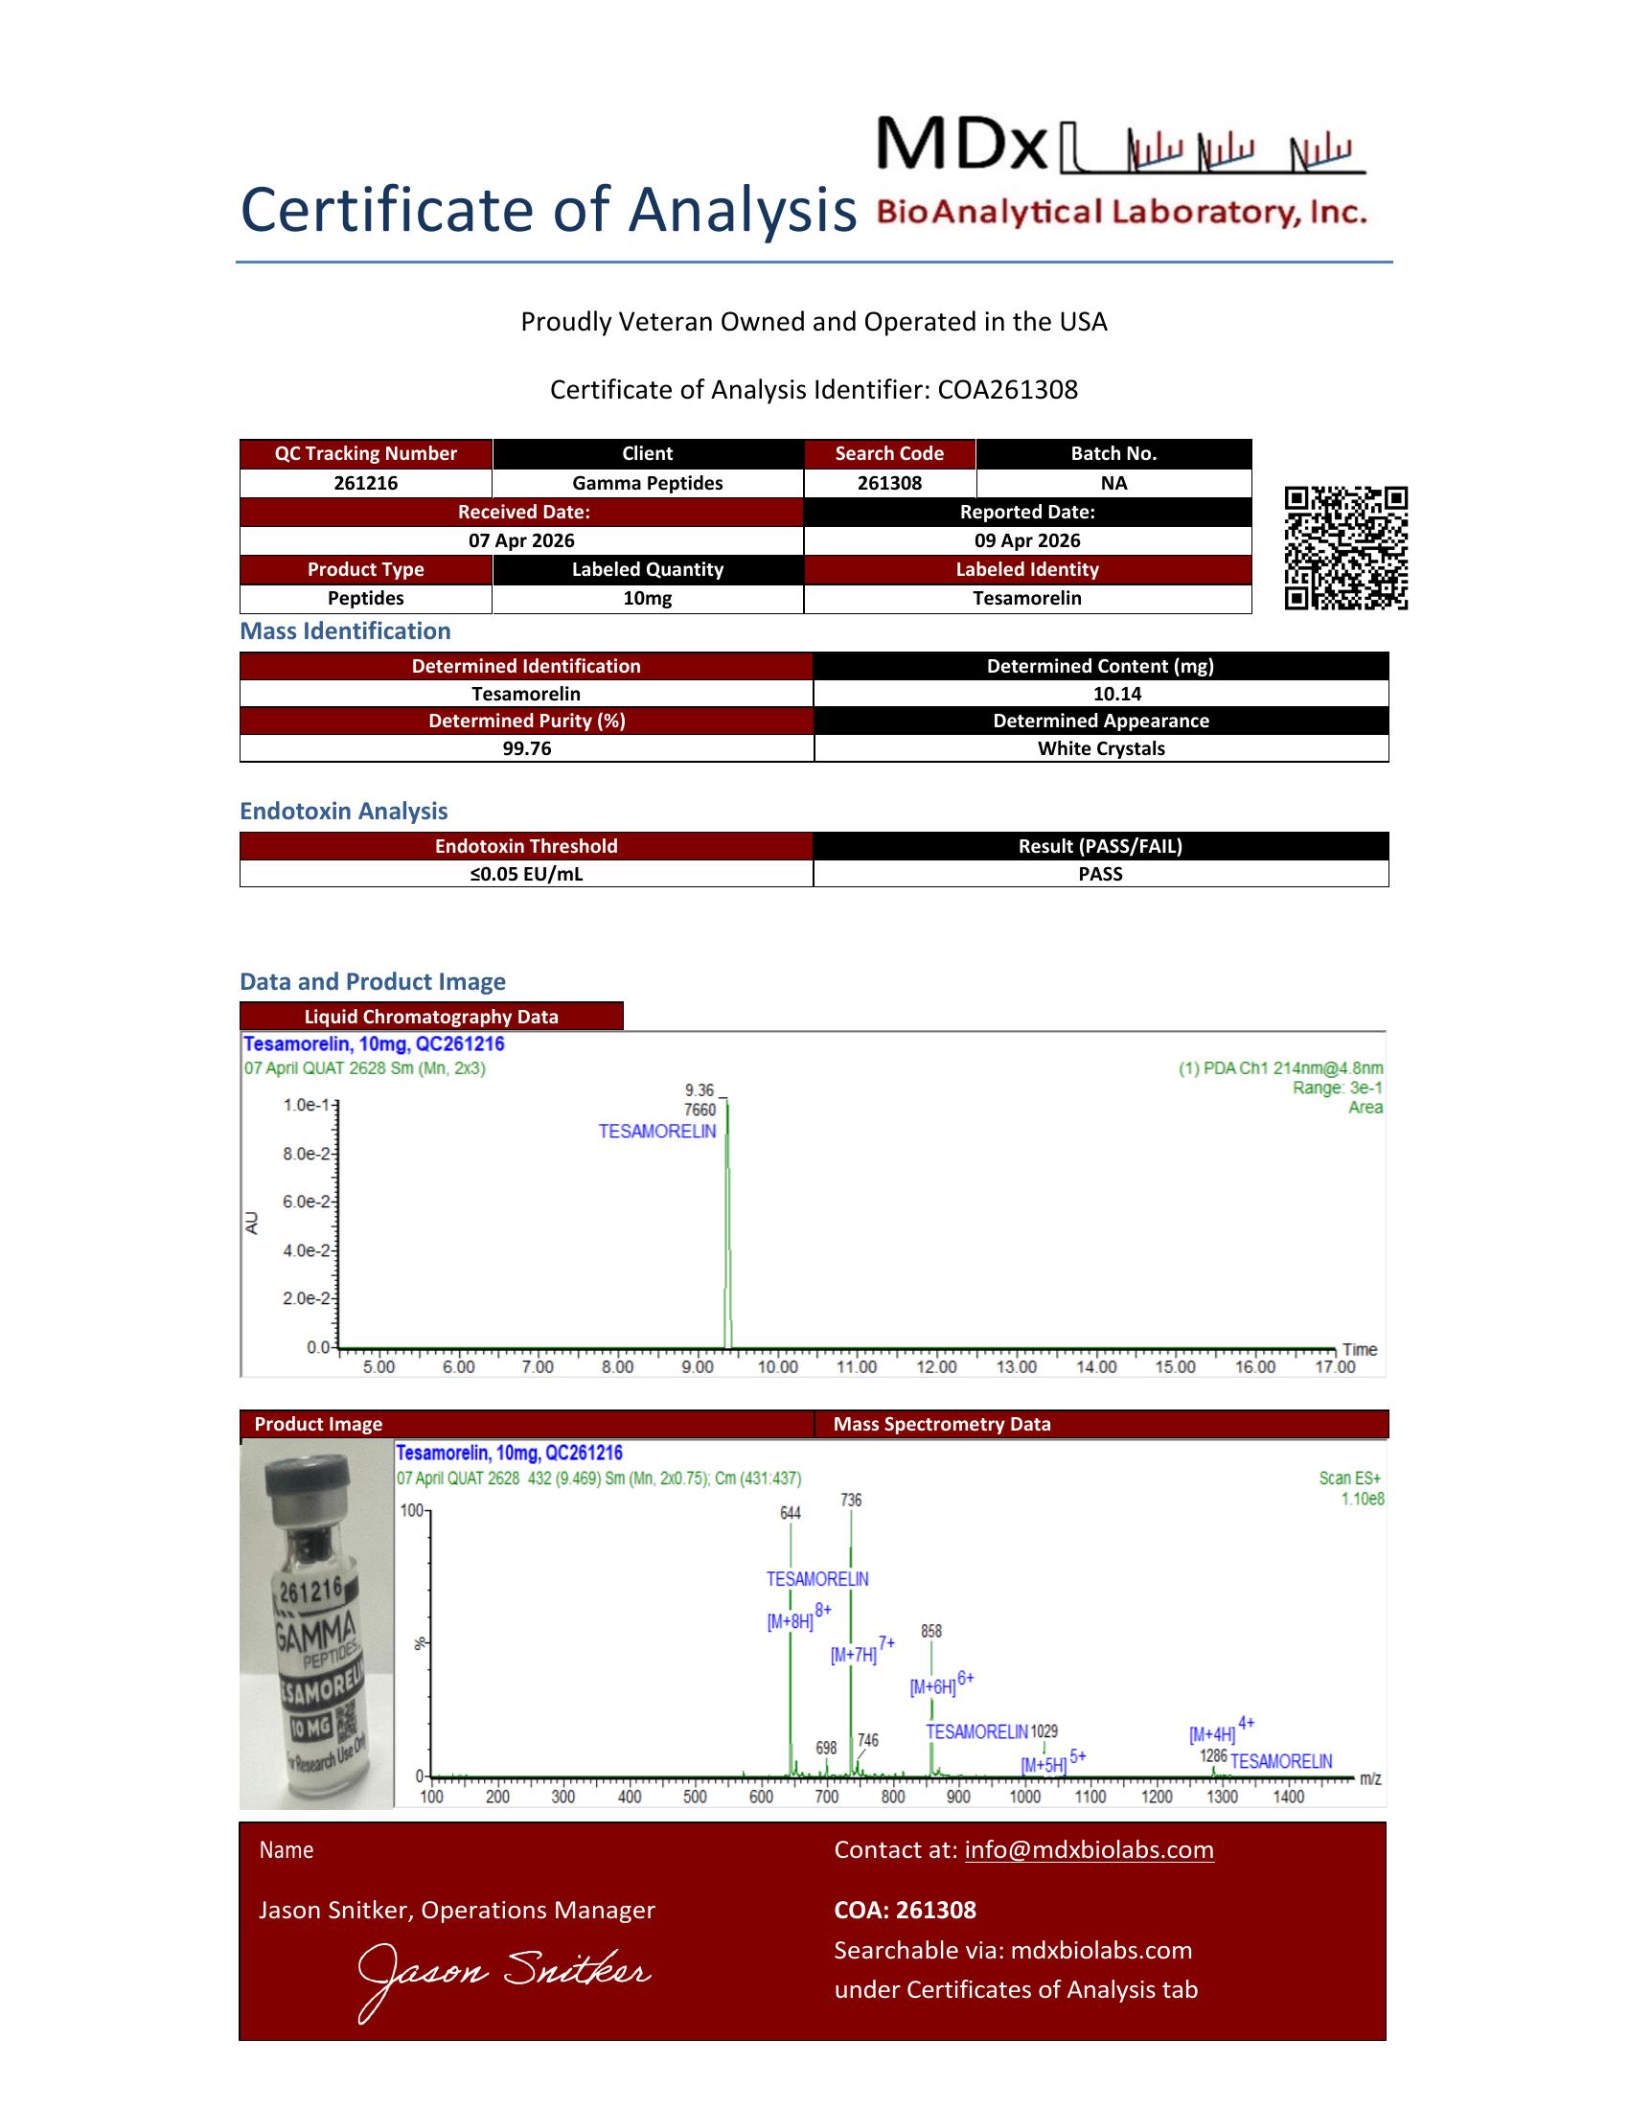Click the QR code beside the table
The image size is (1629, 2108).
[1345, 547]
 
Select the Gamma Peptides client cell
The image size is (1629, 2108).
[647, 483]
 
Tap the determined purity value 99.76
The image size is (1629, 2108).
[526, 748]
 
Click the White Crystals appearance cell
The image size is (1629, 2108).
[1100, 748]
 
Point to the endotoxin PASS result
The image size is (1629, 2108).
[1100, 874]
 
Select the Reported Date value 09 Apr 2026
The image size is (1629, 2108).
[1027, 540]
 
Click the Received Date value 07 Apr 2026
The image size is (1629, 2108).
[521, 540]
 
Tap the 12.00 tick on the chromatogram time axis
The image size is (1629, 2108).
[936, 1366]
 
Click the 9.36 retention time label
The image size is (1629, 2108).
[700, 1089]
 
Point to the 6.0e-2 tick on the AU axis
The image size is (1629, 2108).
[307, 1202]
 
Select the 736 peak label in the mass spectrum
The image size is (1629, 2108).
[850, 1500]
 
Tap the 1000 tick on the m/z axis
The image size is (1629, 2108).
[1025, 1798]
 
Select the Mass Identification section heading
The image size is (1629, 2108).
[345, 631]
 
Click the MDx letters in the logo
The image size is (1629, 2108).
[961, 145]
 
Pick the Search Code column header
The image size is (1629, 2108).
[889, 453]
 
